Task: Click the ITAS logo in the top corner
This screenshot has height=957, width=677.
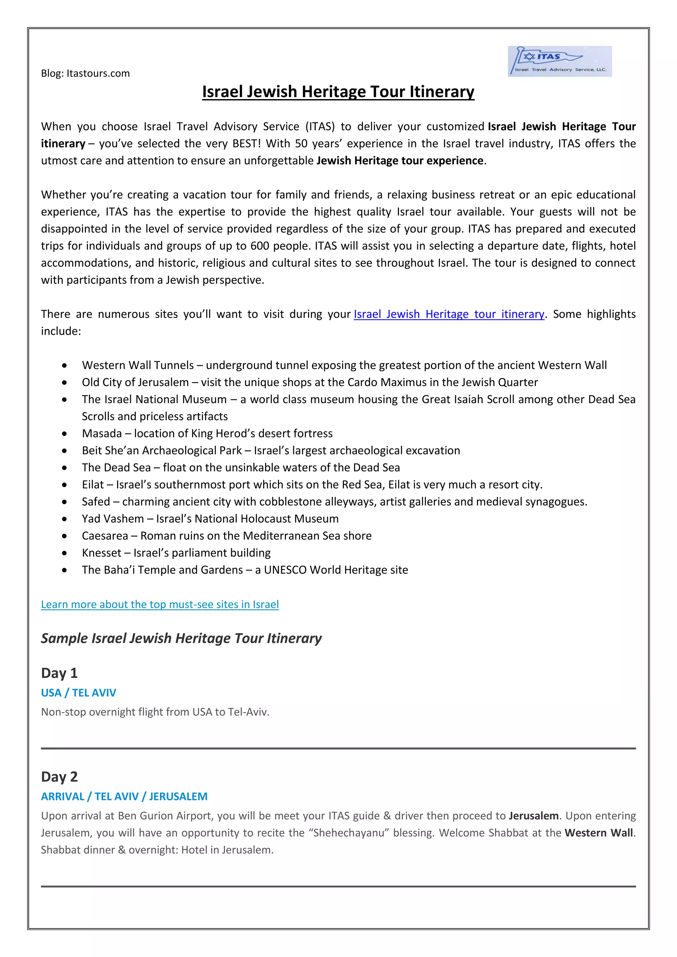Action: pyautogui.click(x=559, y=61)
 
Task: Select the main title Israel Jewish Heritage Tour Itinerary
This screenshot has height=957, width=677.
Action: pyautogui.click(x=338, y=92)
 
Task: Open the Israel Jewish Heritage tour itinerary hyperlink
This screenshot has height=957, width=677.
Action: pyautogui.click(x=449, y=314)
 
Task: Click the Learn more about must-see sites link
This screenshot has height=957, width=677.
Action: pyautogui.click(x=160, y=604)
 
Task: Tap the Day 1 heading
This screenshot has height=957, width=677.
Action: pyautogui.click(x=59, y=673)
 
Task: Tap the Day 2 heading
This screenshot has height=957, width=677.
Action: pyautogui.click(x=59, y=777)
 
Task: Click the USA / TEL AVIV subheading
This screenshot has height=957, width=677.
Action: pyautogui.click(x=78, y=693)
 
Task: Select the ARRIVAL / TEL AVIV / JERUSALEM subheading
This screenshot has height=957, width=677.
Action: pyautogui.click(x=124, y=796)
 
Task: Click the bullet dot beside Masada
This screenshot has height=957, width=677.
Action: pyautogui.click(x=64, y=434)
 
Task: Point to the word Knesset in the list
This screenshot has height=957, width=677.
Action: pyautogui.click(x=101, y=553)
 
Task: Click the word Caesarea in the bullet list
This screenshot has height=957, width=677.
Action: pyautogui.click(x=105, y=536)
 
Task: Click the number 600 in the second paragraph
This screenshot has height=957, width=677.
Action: pyautogui.click(x=260, y=246)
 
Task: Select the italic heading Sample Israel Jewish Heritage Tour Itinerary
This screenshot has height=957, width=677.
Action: pyautogui.click(x=181, y=638)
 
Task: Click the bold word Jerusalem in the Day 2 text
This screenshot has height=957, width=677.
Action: pyautogui.click(x=534, y=816)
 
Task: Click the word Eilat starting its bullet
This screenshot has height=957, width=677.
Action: pyautogui.click(x=93, y=485)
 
